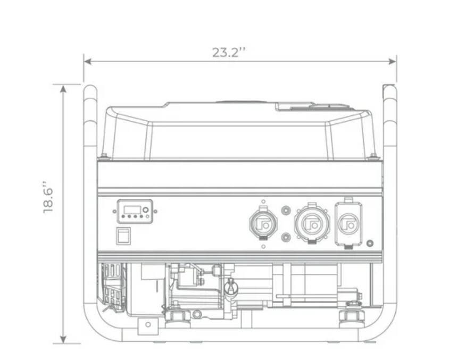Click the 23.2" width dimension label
[229, 52]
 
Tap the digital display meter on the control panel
[135, 211]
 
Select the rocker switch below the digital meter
[123, 236]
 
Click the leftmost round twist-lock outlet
[263, 223]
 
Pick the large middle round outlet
[312, 223]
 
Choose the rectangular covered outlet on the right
[348, 223]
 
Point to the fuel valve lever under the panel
[230, 287]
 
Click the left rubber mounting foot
[177, 317]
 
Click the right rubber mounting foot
[352, 317]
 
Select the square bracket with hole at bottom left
[148, 325]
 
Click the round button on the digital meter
[146, 210]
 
